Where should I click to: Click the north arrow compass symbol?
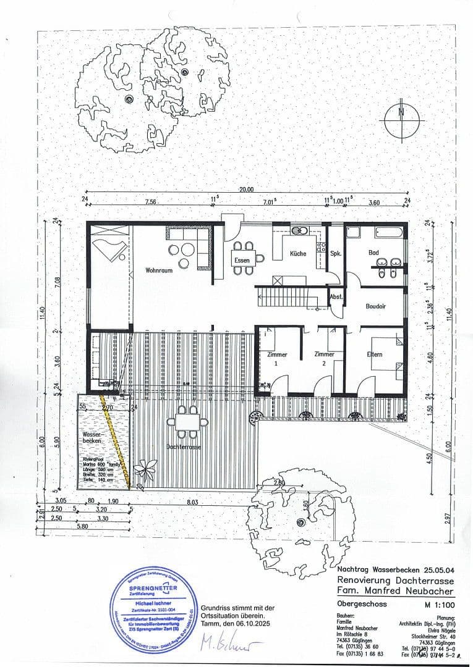(401, 120)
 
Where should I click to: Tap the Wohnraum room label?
(158, 270)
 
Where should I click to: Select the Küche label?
(297, 254)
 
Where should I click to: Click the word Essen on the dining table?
(242, 261)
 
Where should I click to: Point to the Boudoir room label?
(375, 306)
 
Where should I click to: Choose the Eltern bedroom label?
(375, 354)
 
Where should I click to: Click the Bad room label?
(373, 253)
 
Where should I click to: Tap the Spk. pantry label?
(336, 254)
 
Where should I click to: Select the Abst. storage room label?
(336, 296)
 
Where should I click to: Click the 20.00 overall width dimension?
(247, 190)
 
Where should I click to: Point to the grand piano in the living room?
(109, 249)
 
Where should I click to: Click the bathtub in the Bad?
(388, 233)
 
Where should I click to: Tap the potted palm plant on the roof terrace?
(145, 471)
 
